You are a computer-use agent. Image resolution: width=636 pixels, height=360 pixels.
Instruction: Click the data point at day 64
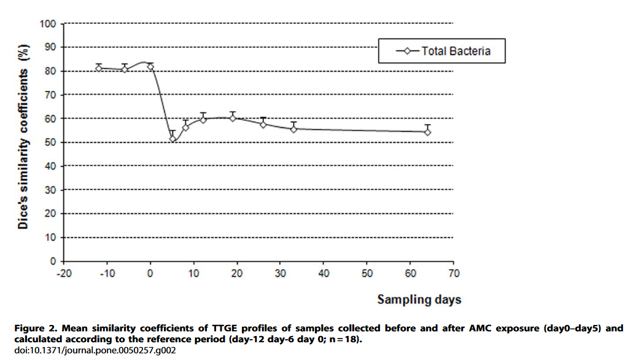click(427, 132)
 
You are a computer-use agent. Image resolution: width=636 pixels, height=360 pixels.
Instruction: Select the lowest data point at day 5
click(173, 139)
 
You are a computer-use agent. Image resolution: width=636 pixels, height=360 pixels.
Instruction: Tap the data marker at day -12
click(98, 68)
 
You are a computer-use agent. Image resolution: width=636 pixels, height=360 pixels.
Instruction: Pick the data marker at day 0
click(150, 66)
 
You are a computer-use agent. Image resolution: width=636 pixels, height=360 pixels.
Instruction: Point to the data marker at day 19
click(233, 118)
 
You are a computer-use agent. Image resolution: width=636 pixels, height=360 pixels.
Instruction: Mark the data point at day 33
click(293, 129)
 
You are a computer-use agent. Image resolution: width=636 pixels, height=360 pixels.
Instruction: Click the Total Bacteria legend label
click(456, 51)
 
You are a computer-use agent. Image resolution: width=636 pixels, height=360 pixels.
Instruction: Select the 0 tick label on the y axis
click(53, 261)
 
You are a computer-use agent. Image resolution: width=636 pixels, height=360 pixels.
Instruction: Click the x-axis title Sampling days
click(419, 300)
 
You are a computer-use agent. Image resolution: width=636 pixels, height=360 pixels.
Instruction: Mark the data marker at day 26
click(263, 124)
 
